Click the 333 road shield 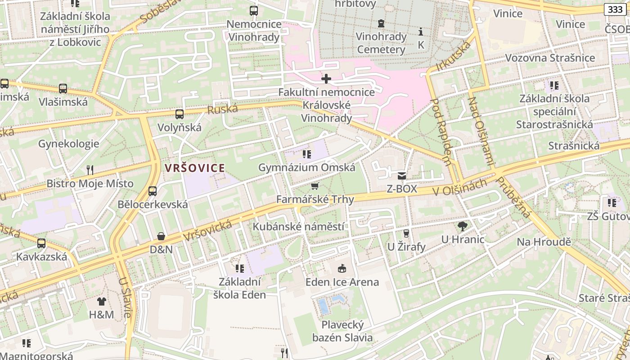tap(615, 9)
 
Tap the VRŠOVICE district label tap(194, 168)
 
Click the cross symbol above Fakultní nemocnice tap(326, 79)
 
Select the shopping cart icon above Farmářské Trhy tap(315, 186)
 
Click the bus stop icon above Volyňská tap(180, 114)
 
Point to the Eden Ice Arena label tap(342, 282)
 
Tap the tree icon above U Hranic tap(462, 226)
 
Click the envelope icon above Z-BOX tap(402, 175)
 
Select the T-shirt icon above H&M tap(102, 301)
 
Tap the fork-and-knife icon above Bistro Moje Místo tap(90, 170)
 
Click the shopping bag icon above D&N tap(161, 236)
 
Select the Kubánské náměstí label tap(298, 226)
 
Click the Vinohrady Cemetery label tap(381, 43)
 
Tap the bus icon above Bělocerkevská tap(153, 191)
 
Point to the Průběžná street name tap(513, 197)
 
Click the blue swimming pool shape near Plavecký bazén tap(323, 306)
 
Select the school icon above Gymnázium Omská tap(307, 155)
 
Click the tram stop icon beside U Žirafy tap(406, 233)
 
